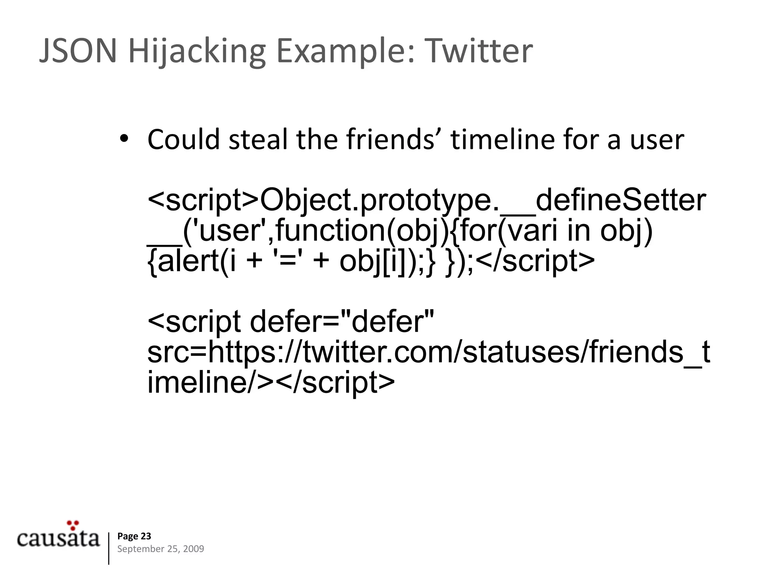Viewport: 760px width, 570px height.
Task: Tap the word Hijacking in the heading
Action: click(197, 52)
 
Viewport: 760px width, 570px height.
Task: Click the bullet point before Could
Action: click(124, 139)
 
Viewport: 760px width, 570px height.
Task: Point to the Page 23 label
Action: click(134, 536)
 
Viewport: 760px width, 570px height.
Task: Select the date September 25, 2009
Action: click(160, 549)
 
